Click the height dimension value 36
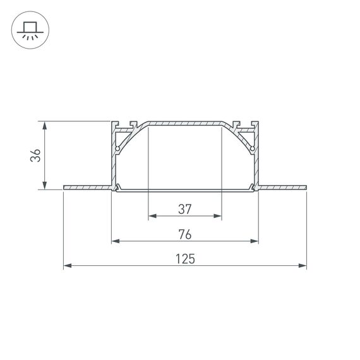click(37, 155)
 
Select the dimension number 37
click(184, 208)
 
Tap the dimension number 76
click(184, 234)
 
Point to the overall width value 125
click(185, 259)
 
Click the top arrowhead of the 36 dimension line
click(44, 125)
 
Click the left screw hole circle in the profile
click(117, 149)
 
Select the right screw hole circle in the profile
click(253, 149)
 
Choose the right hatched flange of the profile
click(283, 187)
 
